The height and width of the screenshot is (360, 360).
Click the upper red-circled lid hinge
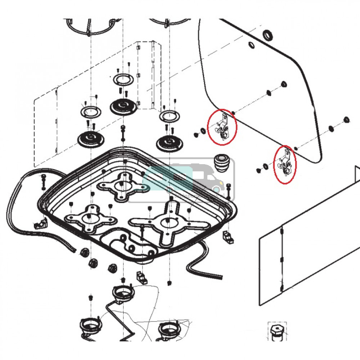tap(222, 127)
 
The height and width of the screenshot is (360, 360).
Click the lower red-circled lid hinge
tap(284, 163)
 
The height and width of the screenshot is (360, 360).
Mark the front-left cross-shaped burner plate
tap(89, 219)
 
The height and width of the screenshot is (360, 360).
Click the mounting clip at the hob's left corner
tap(41, 224)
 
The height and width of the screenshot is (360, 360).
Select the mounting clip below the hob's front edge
tap(141, 278)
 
